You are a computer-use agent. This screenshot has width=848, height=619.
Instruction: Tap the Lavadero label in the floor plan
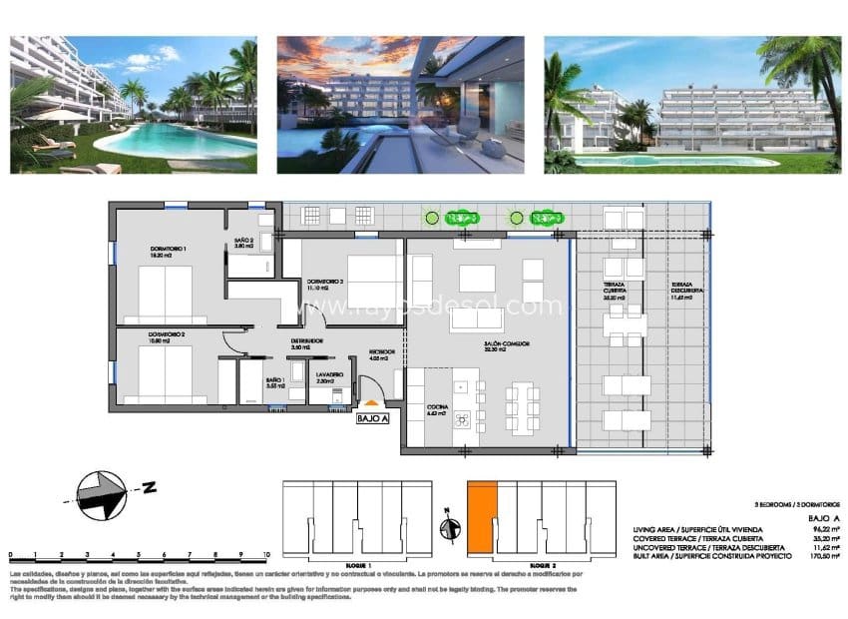point(330,378)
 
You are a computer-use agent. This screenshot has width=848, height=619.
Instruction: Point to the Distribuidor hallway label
point(306,342)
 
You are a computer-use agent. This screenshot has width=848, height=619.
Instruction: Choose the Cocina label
point(437,410)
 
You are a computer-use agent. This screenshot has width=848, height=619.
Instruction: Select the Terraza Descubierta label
point(687,291)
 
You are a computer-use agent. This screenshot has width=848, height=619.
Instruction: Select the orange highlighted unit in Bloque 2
point(482,515)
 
